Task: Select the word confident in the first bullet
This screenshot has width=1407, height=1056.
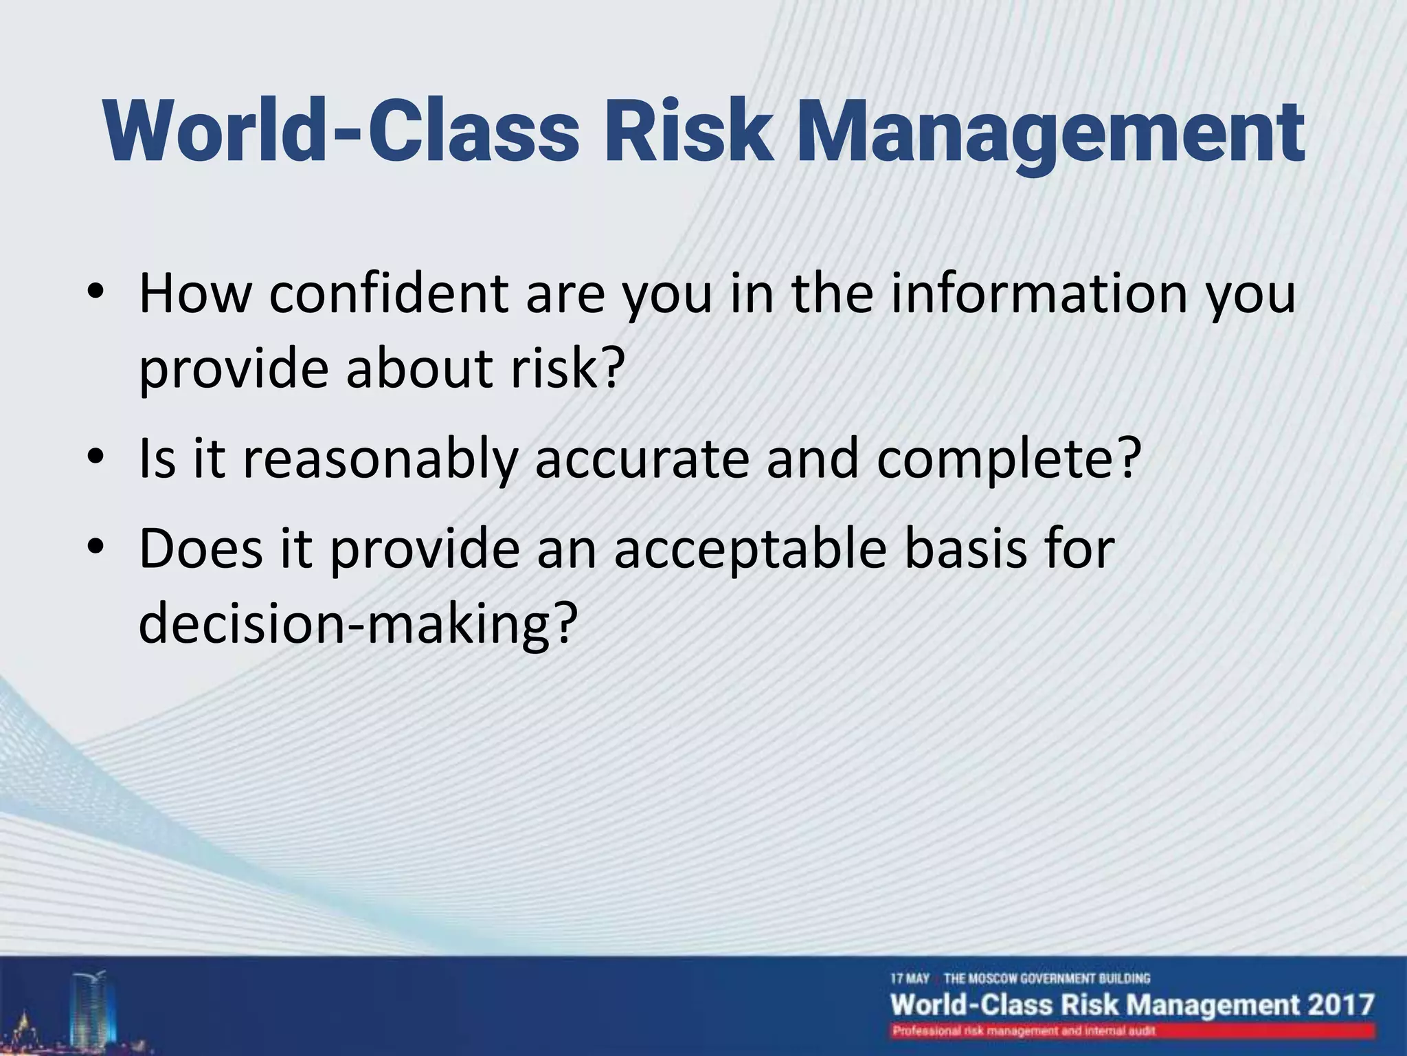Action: (388, 294)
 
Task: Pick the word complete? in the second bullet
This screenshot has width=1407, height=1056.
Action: (1009, 459)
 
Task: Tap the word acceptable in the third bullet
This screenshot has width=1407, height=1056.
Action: (750, 550)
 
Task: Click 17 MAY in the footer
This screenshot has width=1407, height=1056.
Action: (910, 978)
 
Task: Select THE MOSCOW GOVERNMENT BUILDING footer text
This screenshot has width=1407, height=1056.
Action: (1046, 978)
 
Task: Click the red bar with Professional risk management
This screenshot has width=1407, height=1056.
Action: (1132, 1031)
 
